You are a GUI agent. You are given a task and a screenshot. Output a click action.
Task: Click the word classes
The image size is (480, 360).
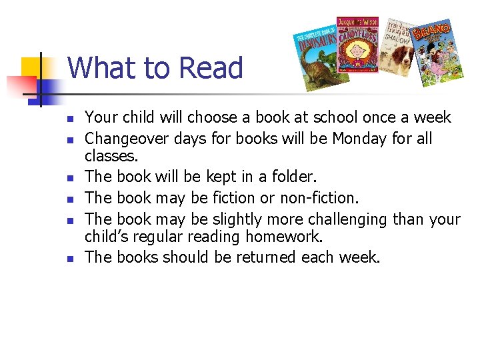tap(111, 156)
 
